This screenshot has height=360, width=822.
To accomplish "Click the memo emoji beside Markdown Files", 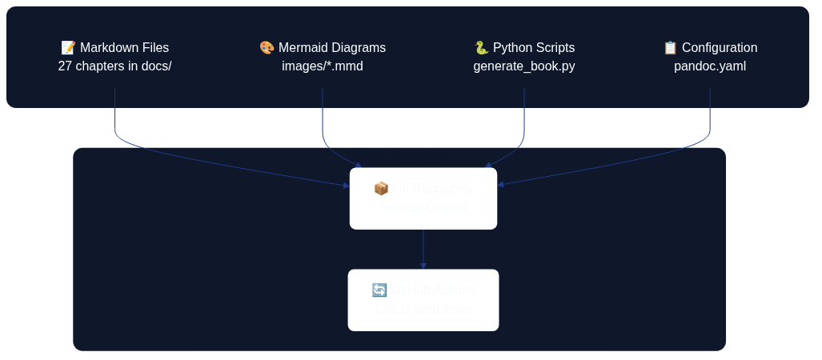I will [x=68, y=48].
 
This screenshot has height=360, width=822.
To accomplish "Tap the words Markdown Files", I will [x=124, y=48].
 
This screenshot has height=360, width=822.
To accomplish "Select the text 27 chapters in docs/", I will [x=114, y=66].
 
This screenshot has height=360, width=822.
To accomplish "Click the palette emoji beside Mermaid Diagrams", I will [x=267, y=48].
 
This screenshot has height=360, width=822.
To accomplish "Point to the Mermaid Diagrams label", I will [x=331, y=48].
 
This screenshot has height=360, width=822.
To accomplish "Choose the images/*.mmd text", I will [x=322, y=66].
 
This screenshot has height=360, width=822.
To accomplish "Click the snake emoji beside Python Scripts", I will [x=481, y=48].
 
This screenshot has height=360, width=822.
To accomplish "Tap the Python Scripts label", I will [x=533, y=48].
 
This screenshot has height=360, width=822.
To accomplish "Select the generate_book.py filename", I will [x=523, y=66].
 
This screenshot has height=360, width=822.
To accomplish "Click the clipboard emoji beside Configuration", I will [x=670, y=48].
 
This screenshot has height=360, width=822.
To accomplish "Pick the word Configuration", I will [x=719, y=48].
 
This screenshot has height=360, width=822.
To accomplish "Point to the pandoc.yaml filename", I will [x=709, y=66].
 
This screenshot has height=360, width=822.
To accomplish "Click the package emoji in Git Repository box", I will [x=381, y=189].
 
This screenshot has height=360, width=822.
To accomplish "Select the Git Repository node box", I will [x=423, y=198].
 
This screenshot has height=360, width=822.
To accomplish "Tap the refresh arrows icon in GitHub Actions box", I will [x=379, y=290].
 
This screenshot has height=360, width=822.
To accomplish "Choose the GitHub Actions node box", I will [x=423, y=300].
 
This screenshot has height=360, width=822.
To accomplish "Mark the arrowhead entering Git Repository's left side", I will [x=347, y=186].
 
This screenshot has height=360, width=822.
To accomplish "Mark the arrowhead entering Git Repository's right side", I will [x=500, y=185].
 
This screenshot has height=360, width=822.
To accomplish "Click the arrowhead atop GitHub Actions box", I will [x=423, y=266].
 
